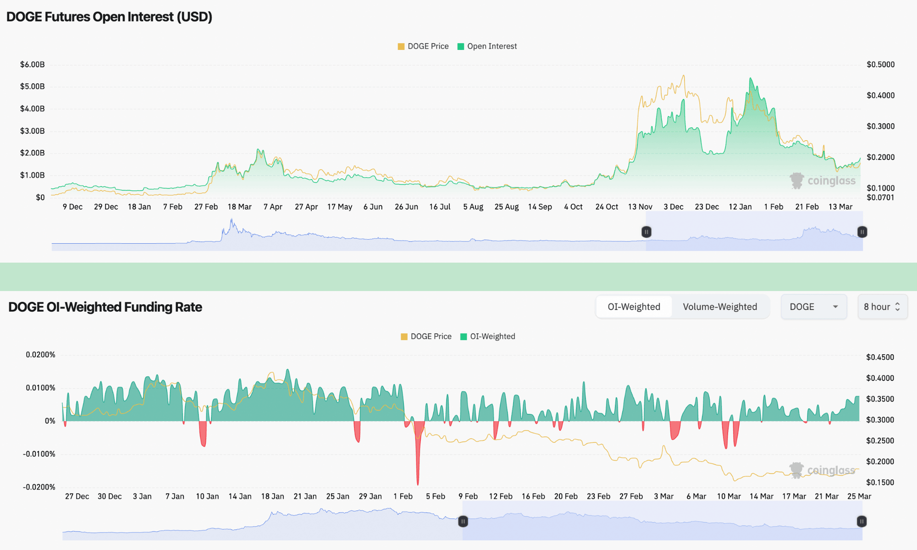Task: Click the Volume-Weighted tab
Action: [x=720, y=307]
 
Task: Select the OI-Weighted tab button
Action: [x=634, y=307]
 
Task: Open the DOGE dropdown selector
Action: [x=813, y=307]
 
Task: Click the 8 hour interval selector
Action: [x=882, y=307]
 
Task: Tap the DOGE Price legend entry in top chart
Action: [x=423, y=46]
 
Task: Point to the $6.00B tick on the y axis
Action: [x=32, y=65]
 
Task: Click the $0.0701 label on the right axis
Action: [x=880, y=198]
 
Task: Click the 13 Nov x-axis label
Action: [x=640, y=207]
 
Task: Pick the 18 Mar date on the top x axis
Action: [x=239, y=207]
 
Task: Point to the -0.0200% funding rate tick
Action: [x=39, y=487]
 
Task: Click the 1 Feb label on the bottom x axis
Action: [x=403, y=496]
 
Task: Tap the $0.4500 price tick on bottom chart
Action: [x=880, y=357]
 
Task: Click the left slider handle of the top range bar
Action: [x=646, y=232]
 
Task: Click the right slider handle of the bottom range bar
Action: [x=862, y=521]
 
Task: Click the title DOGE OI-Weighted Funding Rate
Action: [x=105, y=307]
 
